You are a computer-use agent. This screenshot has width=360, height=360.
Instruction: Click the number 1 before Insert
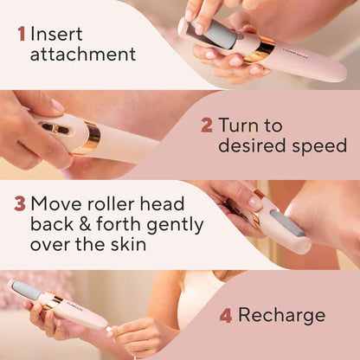click(x=22, y=35)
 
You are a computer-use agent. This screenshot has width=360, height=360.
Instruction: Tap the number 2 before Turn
click(x=206, y=125)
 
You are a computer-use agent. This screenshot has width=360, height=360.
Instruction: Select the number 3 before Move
click(x=19, y=204)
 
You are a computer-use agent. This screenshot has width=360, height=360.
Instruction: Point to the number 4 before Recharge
click(x=226, y=315)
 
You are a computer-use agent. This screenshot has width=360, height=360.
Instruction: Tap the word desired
click(x=250, y=146)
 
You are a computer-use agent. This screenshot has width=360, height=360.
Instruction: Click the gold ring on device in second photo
click(x=91, y=137)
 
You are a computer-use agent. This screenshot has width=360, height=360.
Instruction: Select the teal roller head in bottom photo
click(x=26, y=291)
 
